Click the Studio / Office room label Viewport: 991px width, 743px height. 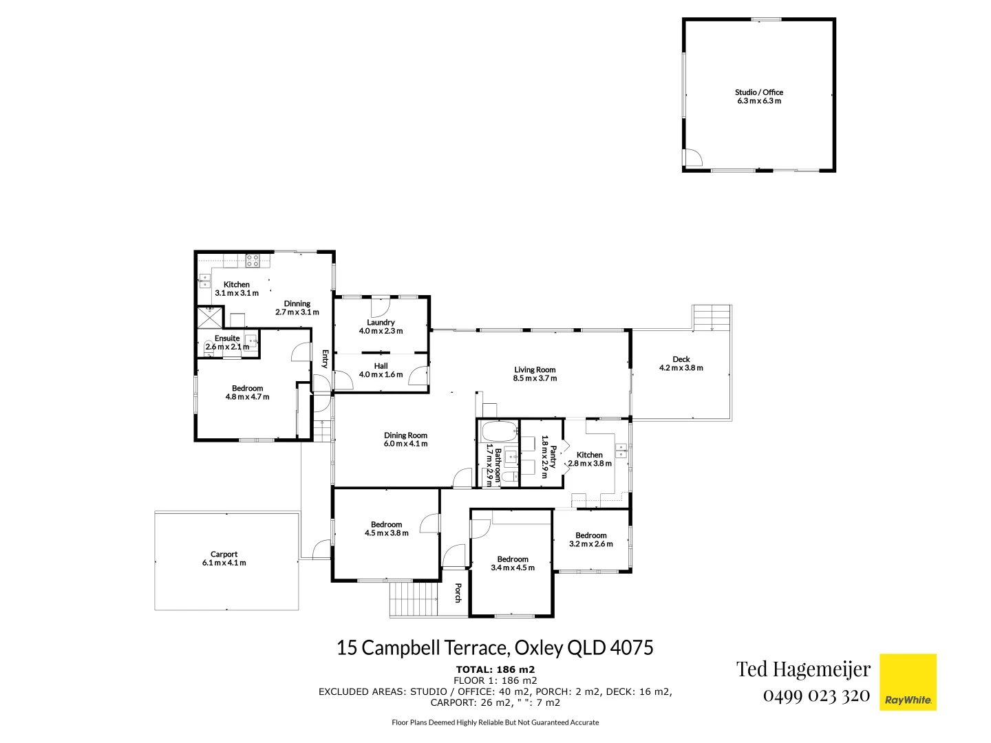pyautogui.click(x=758, y=92)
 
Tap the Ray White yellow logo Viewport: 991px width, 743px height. pyautogui.click(x=908, y=682)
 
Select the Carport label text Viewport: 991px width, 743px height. pyautogui.click(x=224, y=554)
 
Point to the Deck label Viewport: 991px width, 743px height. pyautogui.click(x=681, y=359)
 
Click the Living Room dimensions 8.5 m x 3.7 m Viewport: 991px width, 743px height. pyautogui.click(x=535, y=378)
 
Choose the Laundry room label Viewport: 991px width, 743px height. pyautogui.click(x=381, y=322)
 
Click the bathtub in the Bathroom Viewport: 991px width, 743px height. pyautogui.click(x=498, y=433)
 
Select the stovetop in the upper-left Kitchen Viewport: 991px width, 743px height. pyautogui.click(x=253, y=261)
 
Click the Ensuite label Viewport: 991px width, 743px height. pyautogui.click(x=227, y=338)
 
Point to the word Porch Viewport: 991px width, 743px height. pyautogui.click(x=458, y=593)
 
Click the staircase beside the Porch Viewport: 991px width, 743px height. pyautogui.click(x=414, y=599)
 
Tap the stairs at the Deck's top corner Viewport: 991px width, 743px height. pyautogui.click(x=712, y=318)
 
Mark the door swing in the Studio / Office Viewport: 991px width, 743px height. pyautogui.click(x=692, y=158)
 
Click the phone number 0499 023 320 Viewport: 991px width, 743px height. pyautogui.click(x=816, y=695)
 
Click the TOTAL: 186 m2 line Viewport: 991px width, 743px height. pyautogui.click(x=495, y=669)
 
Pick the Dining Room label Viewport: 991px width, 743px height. pyautogui.click(x=405, y=435)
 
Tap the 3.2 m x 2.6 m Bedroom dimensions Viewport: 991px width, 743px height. pyautogui.click(x=590, y=544)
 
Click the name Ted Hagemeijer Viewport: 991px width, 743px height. pyautogui.click(x=803, y=669)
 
